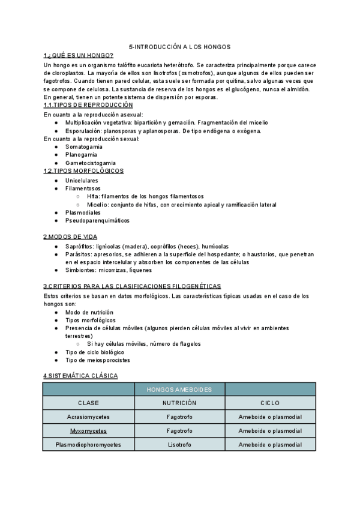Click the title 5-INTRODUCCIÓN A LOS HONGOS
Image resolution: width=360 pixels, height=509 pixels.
coord(180,46)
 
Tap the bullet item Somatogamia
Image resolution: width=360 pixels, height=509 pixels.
coord(83,146)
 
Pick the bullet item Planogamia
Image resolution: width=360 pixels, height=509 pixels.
coord(81,154)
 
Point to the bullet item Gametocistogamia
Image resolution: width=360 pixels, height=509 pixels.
coord(91,163)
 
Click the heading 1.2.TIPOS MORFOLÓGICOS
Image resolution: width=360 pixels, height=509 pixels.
coord(83,170)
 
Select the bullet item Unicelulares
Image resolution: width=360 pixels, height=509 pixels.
coord(82,180)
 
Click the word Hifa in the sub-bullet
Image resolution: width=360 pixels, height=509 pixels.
coord(93,196)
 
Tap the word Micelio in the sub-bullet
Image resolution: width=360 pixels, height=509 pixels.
coord(97,205)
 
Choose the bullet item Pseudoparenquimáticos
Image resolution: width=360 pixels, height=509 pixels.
coord(97,220)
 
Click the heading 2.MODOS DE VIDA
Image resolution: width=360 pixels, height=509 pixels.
coord(70,236)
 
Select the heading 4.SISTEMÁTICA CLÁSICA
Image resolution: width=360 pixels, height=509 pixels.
coord(80,376)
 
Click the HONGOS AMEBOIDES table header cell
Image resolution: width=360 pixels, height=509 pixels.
coord(179,390)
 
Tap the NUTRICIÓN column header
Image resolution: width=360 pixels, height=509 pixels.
coord(179,403)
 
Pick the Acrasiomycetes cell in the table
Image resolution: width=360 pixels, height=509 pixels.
coord(88,417)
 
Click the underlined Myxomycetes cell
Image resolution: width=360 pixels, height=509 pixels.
coord(88,431)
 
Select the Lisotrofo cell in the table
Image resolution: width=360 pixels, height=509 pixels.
coord(179,445)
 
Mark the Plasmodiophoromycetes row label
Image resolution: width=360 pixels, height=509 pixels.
coord(88,445)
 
